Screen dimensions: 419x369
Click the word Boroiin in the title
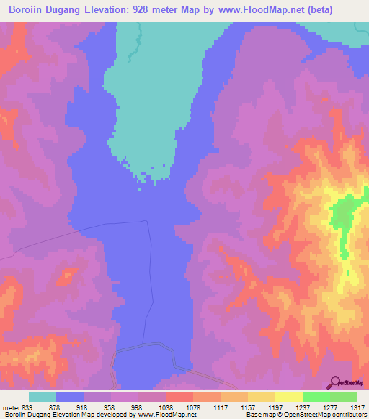click(26, 9)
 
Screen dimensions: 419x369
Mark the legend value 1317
click(358, 408)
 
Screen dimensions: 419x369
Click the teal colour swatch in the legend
click(43, 397)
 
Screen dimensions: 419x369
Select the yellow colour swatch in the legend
click(288, 397)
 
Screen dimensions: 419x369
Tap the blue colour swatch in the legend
click(70, 397)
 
